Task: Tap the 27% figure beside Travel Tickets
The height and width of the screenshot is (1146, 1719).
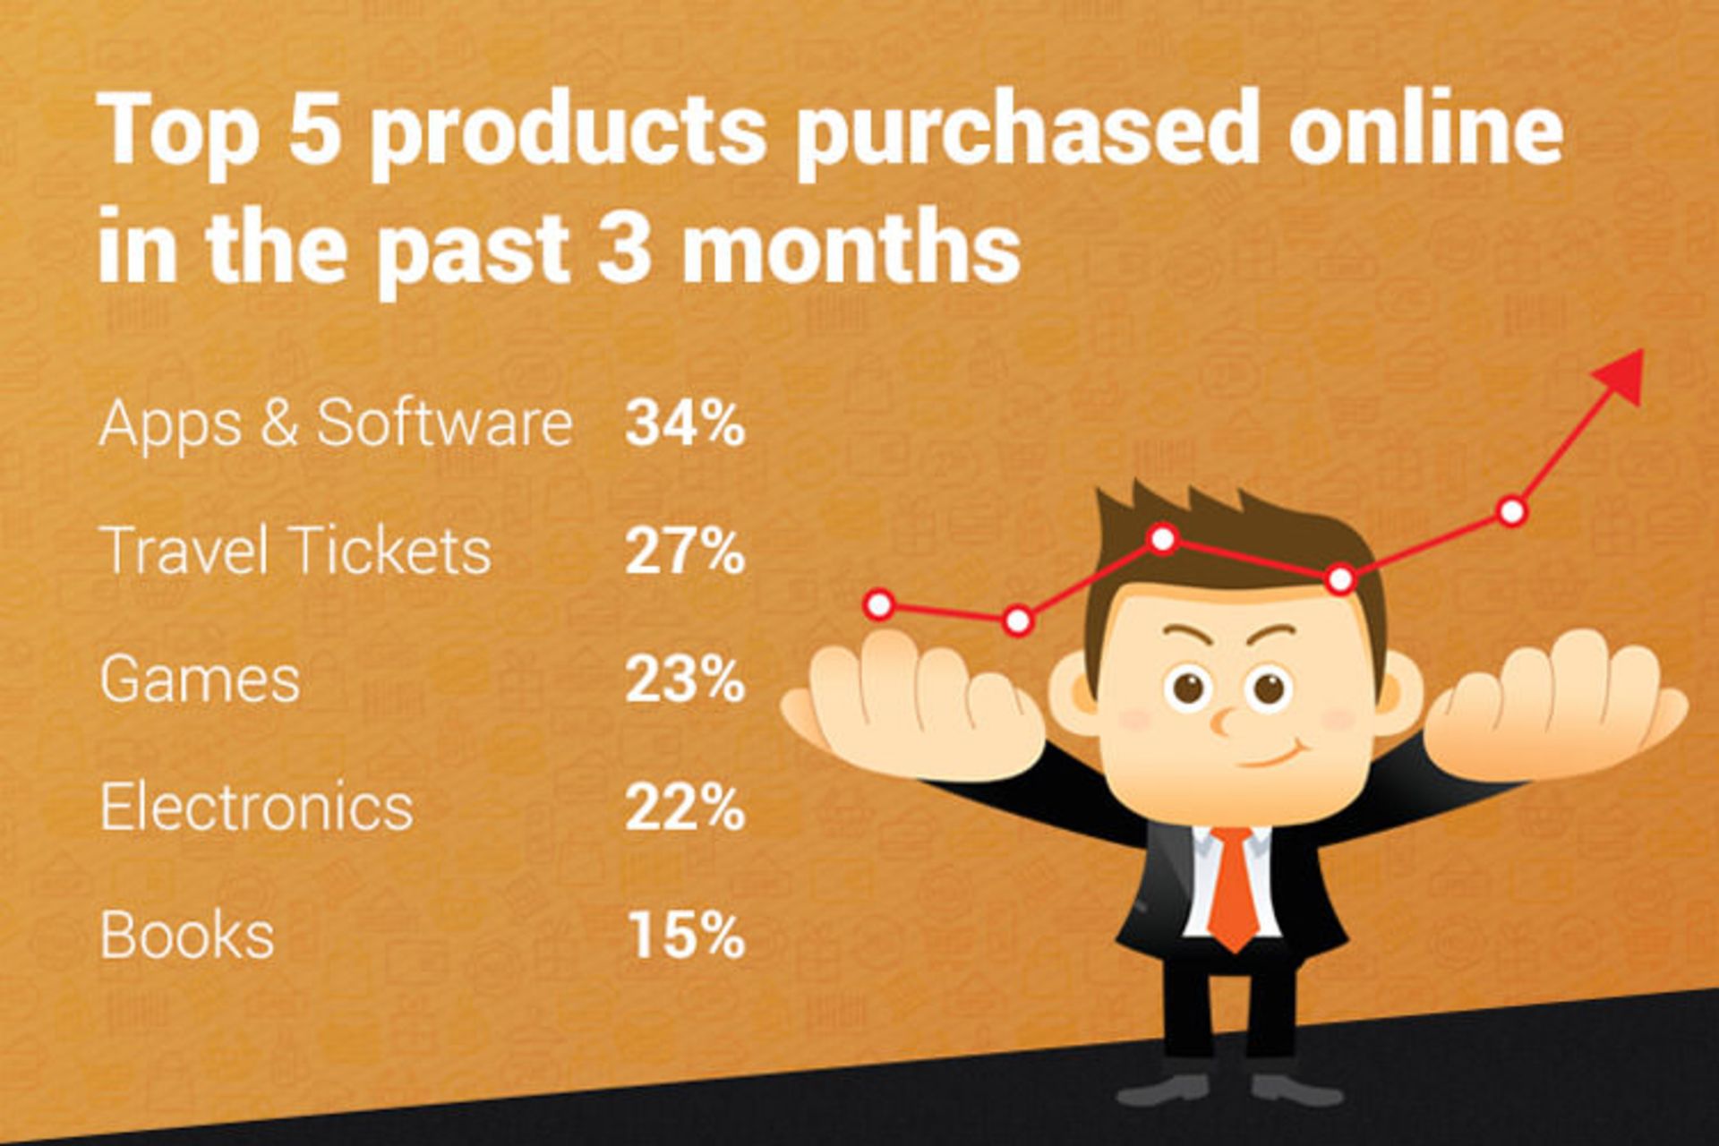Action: click(x=685, y=551)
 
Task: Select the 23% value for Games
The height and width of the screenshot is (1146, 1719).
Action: click(x=685, y=680)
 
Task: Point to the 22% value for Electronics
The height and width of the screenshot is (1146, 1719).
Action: click(x=685, y=808)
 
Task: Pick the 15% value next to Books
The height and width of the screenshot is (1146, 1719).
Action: click(x=687, y=936)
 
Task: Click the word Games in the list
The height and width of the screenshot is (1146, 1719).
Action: click(x=200, y=680)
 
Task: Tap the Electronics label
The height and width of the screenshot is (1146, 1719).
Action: click(x=256, y=808)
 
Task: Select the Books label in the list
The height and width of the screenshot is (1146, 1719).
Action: click(x=186, y=936)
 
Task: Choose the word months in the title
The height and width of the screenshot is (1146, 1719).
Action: click(x=851, y=244)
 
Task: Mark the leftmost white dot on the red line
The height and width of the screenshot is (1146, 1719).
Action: click(x=879, y=605)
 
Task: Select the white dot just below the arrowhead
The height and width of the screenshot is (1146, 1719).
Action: click(x=1511, y=511)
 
